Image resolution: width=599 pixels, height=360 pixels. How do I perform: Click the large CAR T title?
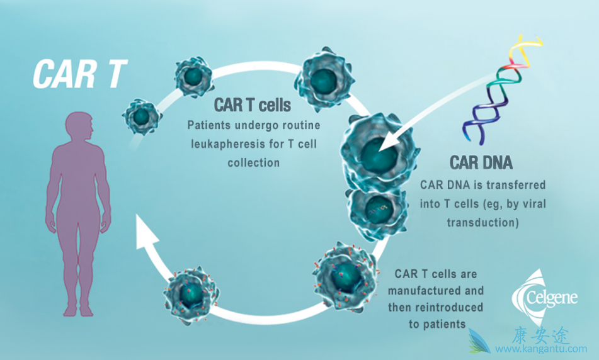[81, 74]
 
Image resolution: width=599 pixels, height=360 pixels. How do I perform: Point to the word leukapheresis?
[226, 144]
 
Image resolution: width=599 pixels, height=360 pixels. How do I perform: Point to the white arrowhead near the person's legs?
[146, 233]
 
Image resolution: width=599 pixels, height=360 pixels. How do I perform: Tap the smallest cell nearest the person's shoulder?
[142, 115]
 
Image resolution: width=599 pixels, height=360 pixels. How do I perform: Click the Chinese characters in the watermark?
[540, 334]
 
